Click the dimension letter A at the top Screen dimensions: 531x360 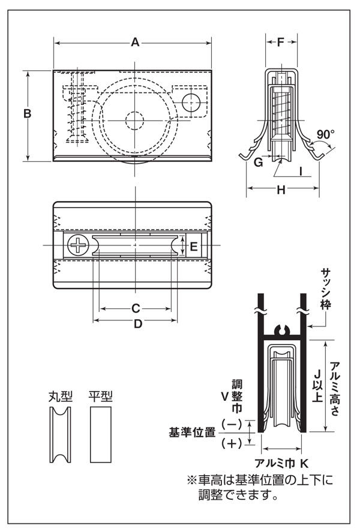(x=135, y=42)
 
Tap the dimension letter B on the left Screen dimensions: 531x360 (x=27, y=114)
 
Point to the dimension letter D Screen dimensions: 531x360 (x=137, y=323)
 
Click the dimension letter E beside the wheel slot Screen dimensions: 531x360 (x=193, y=246)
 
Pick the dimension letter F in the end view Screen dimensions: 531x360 (x=281, y=42)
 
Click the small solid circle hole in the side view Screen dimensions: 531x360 (x=191, y=101)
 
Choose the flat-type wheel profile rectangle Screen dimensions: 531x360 (x=101, y=435)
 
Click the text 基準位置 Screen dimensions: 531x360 (x=192, y=432)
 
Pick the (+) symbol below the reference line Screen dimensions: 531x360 (x=231, y=443)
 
